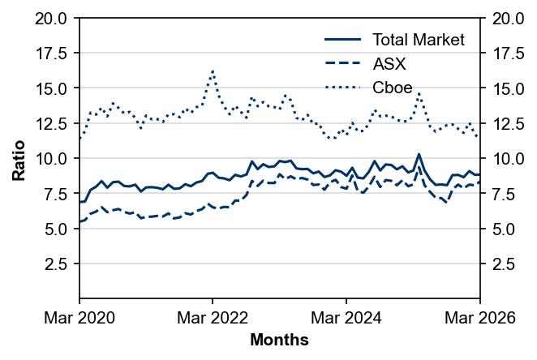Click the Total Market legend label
(418, 40)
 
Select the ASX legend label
(389, 63)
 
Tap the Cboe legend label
(392, 87)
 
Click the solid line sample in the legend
(342, 40)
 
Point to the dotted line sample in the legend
(342, 87)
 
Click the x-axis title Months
(279, 341)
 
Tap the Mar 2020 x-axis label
(79, 319)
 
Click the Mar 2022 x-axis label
(213, 319)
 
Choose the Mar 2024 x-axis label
(346, 319)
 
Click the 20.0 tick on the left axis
(52, 18)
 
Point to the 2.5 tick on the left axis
(57, 264)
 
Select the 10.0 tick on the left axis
(52, 158)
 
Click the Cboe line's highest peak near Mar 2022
(213, 71)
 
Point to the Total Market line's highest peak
(419, 154)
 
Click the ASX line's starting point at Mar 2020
(79, 221)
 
